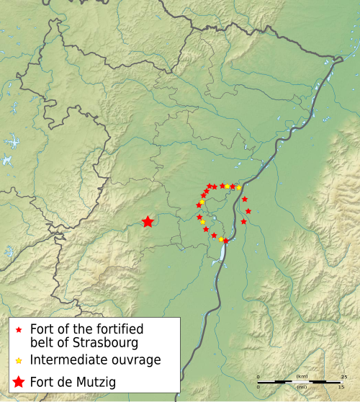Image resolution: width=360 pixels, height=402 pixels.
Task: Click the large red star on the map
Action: click(x=148, y=222)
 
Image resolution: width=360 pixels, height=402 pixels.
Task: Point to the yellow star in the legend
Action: click(x=19, y=359)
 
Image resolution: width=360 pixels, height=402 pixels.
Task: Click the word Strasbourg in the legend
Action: click(x=96, y=341)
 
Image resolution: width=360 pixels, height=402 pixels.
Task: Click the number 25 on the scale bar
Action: click(x=344, y=377)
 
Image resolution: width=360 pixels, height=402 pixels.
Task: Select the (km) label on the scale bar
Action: click(x=301, y=377)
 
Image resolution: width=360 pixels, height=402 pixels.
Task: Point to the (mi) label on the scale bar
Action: click(x=301, y=388)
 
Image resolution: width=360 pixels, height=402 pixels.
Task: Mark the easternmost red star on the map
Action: click(x=248, y=211)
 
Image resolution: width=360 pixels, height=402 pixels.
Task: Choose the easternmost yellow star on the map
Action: click(x=238, y=187)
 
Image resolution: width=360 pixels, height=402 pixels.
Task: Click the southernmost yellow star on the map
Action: click(x=220, y=238)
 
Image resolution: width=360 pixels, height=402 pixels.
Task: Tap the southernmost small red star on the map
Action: click(x=225, y=241)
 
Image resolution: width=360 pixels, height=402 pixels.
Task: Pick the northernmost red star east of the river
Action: click(x=245, y=199)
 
